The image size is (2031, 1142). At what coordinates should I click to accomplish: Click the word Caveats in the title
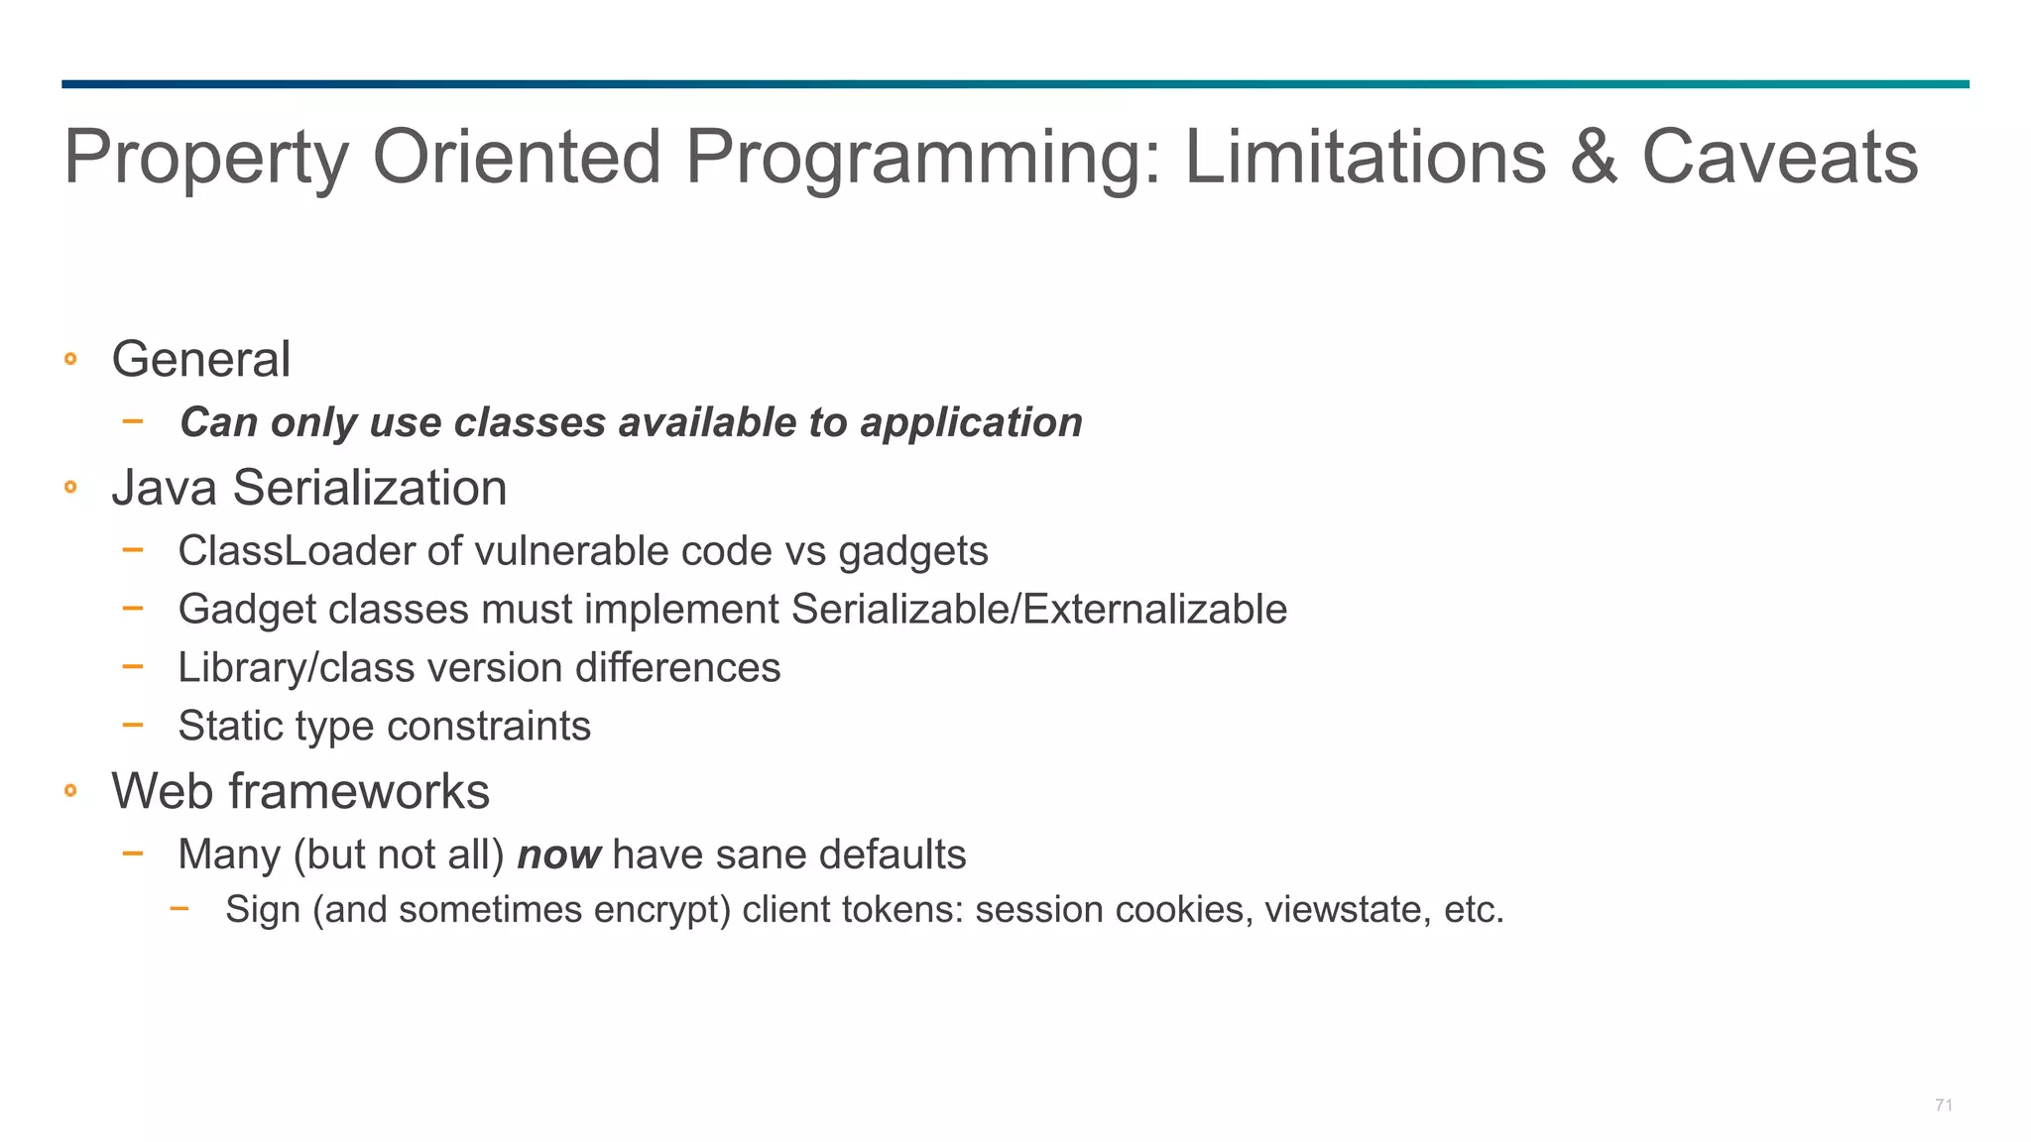(1780, 157)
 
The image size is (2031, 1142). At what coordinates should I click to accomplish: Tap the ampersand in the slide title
(1593, 157)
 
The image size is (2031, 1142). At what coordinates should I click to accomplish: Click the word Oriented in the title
(516, 157)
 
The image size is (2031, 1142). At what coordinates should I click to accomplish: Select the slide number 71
(1943, 1105)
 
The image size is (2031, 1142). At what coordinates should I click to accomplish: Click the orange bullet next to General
(70, 359)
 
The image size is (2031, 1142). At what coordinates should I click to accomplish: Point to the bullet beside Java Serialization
(70, 487)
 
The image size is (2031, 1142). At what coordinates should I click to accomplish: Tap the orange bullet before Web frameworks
(70, 790)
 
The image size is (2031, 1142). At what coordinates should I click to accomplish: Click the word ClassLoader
(296, 551)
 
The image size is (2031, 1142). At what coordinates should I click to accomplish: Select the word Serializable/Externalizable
(1038, 609)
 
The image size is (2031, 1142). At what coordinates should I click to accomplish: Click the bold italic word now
(558, 855)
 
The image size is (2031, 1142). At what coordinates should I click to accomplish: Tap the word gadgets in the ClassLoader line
(912, 552)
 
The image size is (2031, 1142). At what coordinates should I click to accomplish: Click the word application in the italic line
(971, 423)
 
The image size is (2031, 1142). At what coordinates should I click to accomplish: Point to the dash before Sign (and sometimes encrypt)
(179, 907)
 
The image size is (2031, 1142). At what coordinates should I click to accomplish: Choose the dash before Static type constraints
(133, 725)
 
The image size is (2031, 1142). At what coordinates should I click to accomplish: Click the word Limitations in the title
(1366, 157)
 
